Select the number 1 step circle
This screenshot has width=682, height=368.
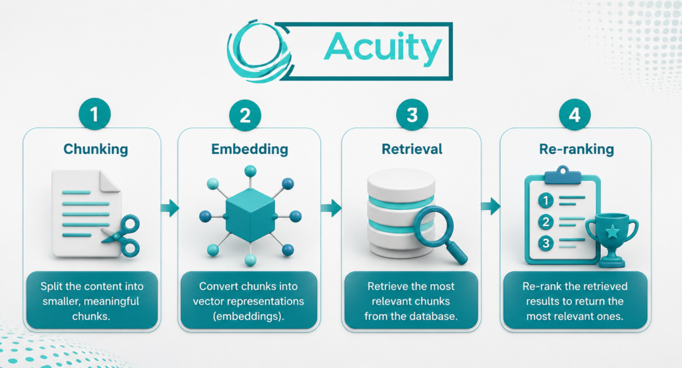(95, 115)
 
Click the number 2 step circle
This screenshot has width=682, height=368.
(245, 115)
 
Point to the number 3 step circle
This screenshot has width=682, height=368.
(412, 115)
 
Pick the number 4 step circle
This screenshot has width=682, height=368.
(575, 115)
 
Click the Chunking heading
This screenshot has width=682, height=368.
(96, 149)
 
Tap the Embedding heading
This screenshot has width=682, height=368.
(250, 149)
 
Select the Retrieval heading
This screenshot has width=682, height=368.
(412, 149)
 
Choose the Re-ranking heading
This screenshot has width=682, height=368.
(577, 149)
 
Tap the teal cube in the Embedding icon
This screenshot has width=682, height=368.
(250, 215)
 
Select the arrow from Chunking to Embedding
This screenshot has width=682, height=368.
(170, 208)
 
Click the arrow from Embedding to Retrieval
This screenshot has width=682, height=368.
(331, 208)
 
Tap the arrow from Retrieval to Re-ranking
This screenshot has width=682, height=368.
(491, 206)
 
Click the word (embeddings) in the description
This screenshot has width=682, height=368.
(248, 316)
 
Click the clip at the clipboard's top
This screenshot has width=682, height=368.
(563, 175)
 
